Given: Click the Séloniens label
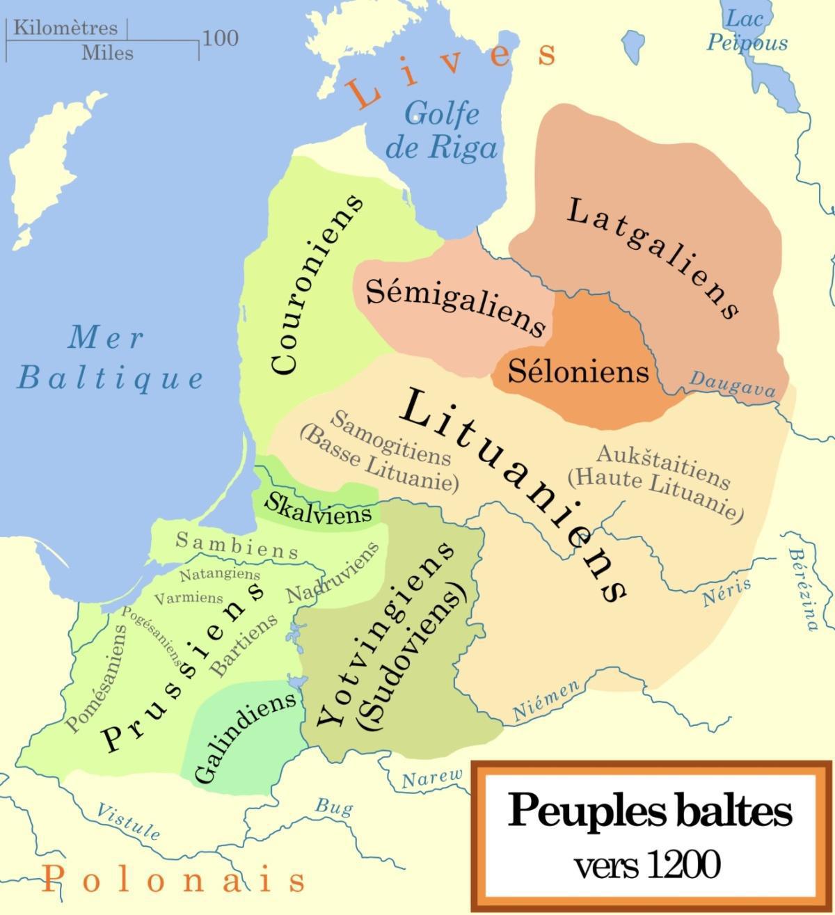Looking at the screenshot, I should click(x=578, y=371).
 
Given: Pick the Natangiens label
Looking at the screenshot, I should click(x=219, y=575).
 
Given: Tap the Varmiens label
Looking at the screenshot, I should click(x=189, y=598).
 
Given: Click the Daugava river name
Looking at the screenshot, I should click(x=732, y=384).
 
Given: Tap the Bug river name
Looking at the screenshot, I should click(x=334, y=807).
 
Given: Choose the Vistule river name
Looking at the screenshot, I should click(x=128, y=820).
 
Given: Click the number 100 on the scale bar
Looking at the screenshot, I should click(x=220, y=38).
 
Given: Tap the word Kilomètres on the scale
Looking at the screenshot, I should click(x=65, y=28).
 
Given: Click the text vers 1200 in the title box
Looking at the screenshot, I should click(x=646, y=866).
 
